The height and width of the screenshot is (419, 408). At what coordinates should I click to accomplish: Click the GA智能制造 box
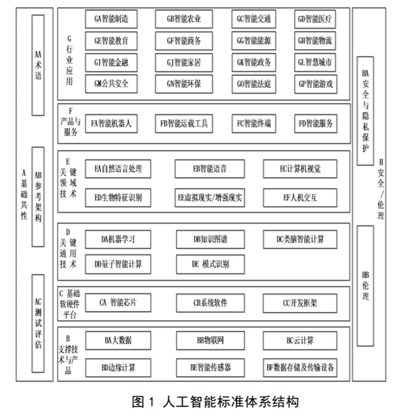(111, 19)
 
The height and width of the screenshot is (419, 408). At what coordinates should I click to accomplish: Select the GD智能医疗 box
(315, 19)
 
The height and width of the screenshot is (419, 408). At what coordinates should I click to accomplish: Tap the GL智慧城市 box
(315, 63)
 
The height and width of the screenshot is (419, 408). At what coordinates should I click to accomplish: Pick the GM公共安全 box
(111, 84)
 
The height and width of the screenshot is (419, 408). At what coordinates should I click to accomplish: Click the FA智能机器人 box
(111, 123)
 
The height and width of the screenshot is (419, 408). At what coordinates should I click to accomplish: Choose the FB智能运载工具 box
(184, 123)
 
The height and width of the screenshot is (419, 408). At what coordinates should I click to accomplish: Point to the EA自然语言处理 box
(118, 169)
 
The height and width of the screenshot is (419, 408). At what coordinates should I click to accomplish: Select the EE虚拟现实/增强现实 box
(210, 198)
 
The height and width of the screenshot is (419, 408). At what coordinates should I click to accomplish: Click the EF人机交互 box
(300, 198)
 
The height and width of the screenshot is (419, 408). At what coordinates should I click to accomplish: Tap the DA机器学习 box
(118, 239)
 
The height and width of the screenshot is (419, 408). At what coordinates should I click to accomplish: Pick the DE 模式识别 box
(210, 264)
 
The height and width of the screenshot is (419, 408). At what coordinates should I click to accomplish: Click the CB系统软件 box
(210, 303)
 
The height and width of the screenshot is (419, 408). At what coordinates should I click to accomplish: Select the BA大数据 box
(118, 340)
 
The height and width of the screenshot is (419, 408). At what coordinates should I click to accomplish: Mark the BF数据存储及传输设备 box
(300, 368)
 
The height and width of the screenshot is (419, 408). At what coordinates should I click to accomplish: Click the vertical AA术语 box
(38, 65)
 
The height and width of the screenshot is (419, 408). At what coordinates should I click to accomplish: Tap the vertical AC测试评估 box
(38, 323)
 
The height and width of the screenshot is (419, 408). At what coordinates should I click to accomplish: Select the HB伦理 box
(365, 286)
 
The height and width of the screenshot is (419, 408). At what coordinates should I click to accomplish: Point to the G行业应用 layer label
(69, 61)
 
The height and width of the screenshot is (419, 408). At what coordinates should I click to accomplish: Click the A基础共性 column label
(24, 194)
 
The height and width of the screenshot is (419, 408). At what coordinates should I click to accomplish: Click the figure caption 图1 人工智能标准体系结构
(215, 402)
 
